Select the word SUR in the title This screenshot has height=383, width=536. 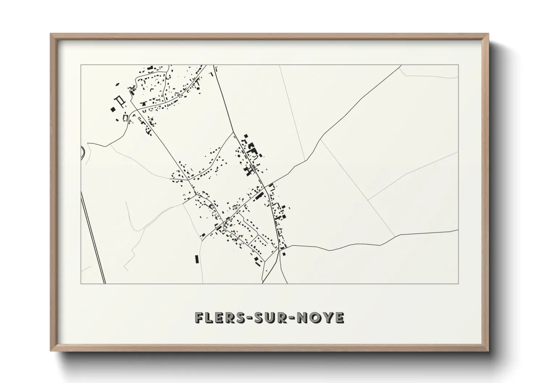point(269,318)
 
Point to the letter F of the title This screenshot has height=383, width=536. point(200,318)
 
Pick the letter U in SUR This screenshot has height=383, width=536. point(269,318)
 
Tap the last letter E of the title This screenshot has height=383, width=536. point(339,318)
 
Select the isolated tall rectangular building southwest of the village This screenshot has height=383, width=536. point(197,259)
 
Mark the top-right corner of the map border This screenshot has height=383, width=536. point(458,65)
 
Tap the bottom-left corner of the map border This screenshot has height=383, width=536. point(81,283)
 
